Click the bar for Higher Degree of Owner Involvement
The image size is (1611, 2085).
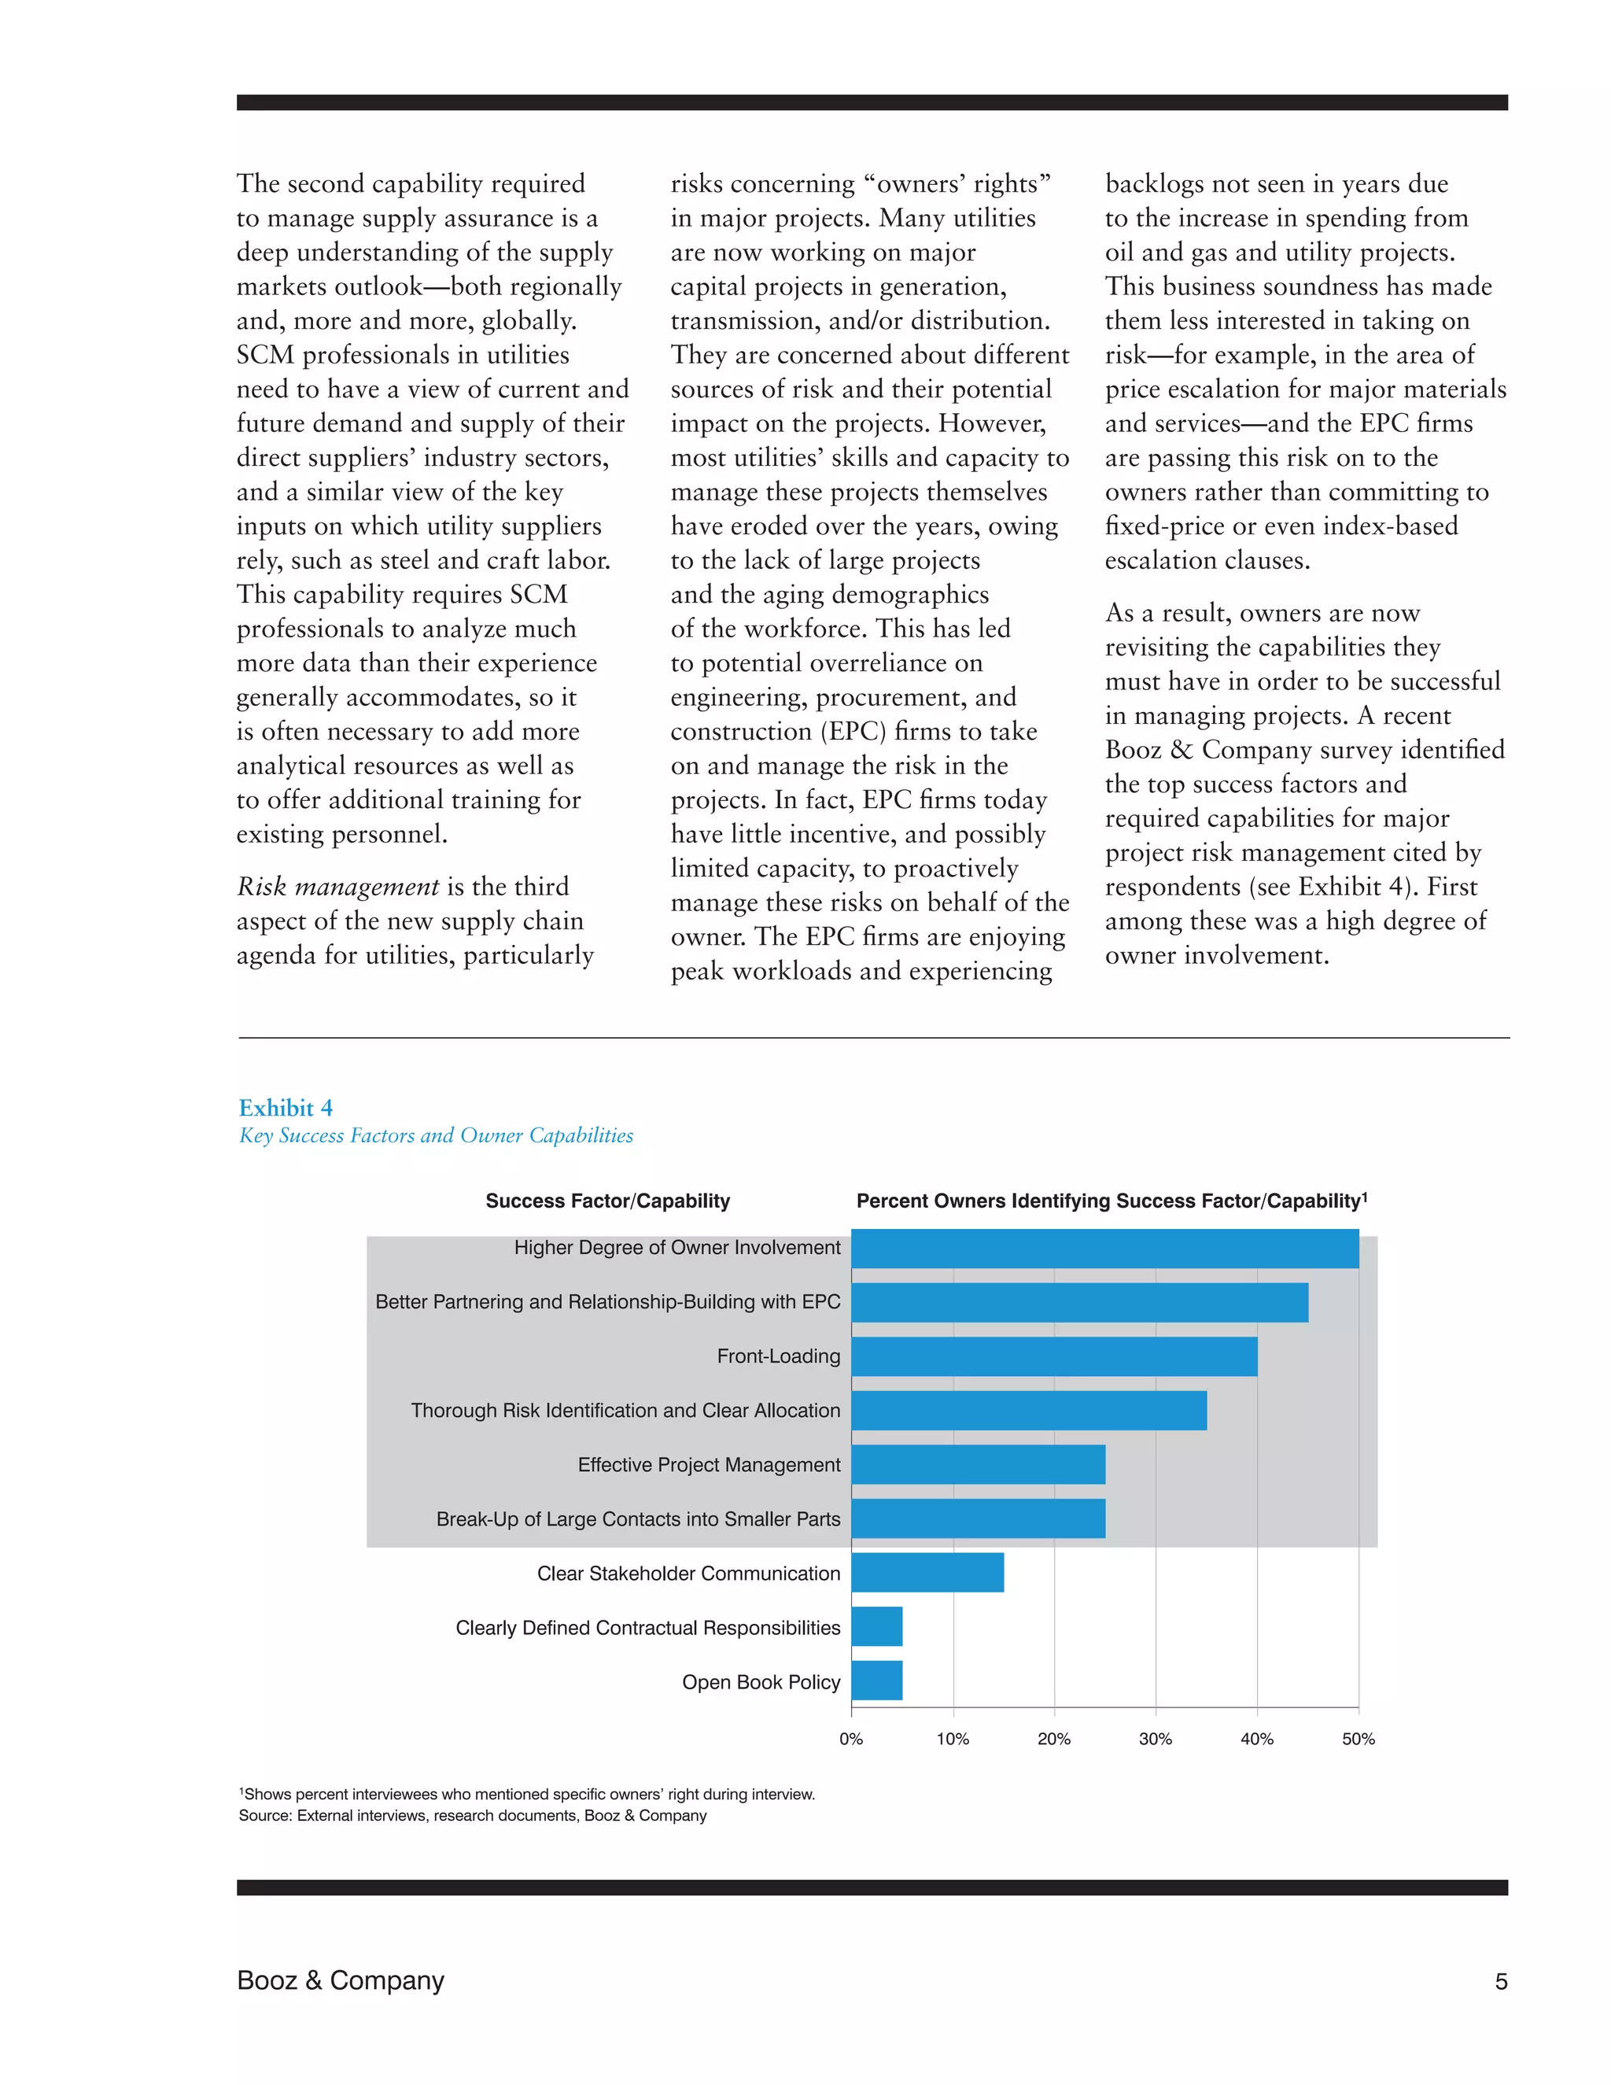[x=1104, y=1248]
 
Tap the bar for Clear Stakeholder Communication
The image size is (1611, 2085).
[x=927, y=1574]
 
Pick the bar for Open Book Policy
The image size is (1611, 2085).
[x=876, y=1682]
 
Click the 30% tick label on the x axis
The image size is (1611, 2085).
[x=1155, y=1740]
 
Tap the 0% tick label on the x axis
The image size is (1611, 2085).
[x=850, y=1740]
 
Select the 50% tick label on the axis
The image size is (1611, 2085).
[x=1358, y=1740]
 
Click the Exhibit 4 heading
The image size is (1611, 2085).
[x=286, y=1108]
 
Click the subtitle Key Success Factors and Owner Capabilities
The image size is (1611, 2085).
[x=436, y=1135]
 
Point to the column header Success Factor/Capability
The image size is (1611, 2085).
[x=607, y=1201]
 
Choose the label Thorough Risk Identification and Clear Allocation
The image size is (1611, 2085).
[x=625, y=1411]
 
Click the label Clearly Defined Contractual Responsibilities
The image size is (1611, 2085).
[x=647, y=1628]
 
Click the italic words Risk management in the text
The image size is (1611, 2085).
[x=337, y=887]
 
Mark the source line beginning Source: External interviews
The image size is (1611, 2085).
[x=473, y=1816]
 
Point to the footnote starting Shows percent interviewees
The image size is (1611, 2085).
[x=527, y=1795]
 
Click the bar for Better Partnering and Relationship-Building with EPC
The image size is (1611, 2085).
[x=1078, y=1302]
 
